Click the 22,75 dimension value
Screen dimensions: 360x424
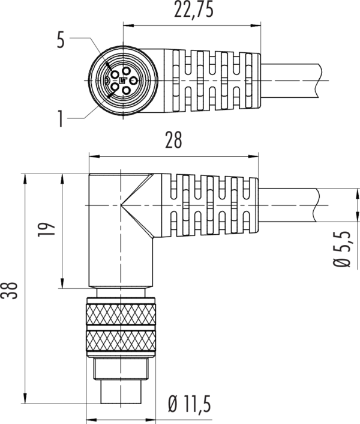tap(194, 10)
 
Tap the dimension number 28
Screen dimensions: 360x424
tap(173, 141)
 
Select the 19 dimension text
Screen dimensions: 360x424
tap(47, 230)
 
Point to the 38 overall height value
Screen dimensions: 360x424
tap(9, 291)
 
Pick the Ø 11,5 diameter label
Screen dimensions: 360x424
tap(189, 404)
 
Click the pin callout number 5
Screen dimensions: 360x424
tap(61, 40)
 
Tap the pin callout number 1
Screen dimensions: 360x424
tap(61, 119)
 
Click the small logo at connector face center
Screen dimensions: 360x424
tap(123, 80)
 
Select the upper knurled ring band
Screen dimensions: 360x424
tap(121, 315)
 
